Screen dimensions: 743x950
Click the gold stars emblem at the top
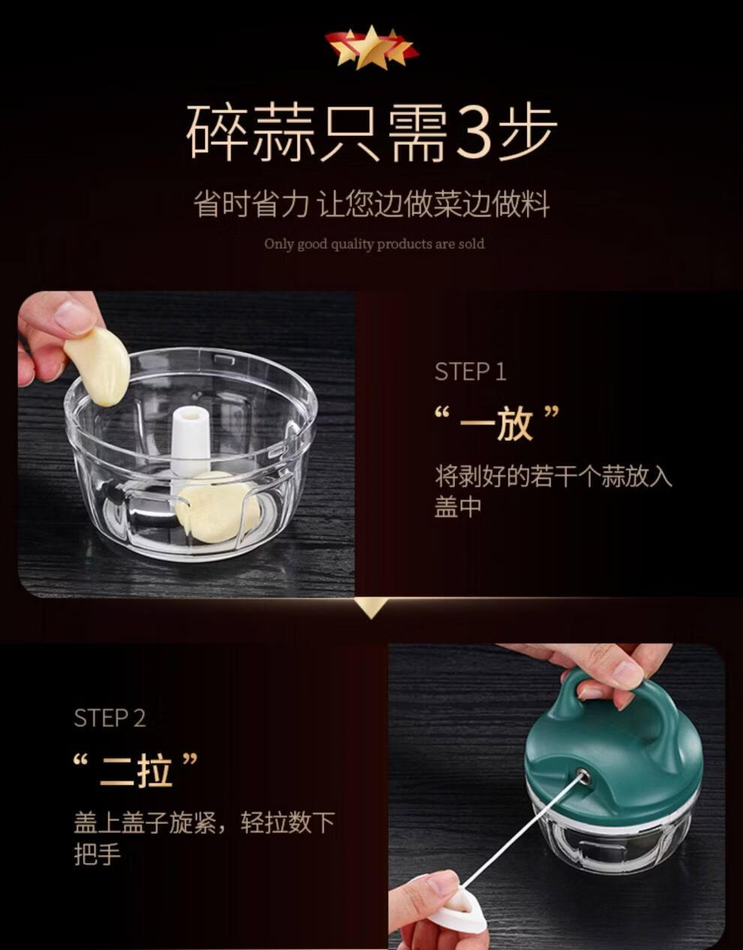[371, 48]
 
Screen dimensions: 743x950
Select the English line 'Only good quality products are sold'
[374, 244]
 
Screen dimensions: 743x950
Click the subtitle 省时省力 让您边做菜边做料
[371, 204]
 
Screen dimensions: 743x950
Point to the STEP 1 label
[471, 372]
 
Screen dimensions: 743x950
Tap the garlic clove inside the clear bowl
[218, 507]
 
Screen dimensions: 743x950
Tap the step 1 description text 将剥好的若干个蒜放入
[553, 476]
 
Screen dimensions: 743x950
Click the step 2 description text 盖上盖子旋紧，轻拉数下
[204, 823]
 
